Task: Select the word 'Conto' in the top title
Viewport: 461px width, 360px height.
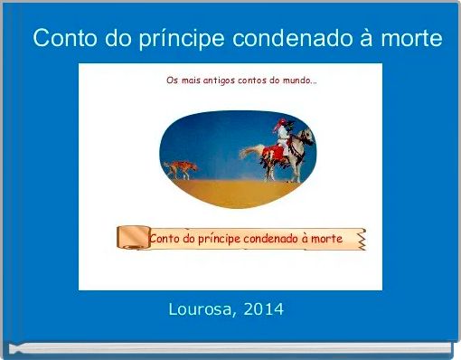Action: [x=62, y=40]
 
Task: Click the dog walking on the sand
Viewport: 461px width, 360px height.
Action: [x=181, y=168]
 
